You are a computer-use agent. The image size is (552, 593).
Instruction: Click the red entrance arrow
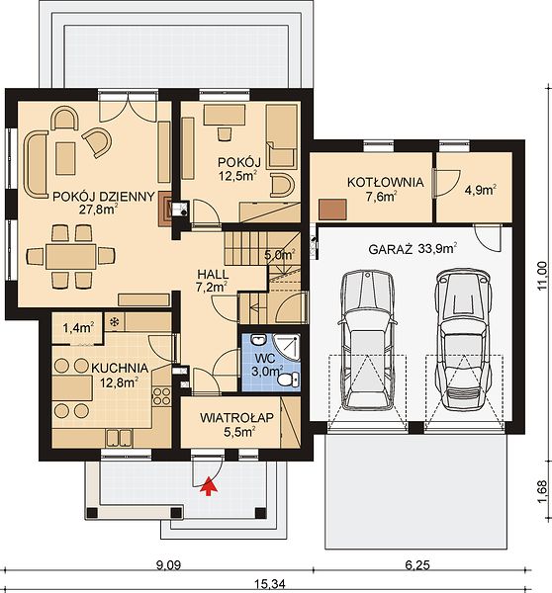point(209,485)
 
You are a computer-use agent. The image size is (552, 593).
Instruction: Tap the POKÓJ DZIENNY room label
point(103,197)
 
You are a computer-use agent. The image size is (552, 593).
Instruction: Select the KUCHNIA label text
point(120,368)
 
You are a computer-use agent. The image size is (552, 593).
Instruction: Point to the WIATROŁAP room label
point(236,418)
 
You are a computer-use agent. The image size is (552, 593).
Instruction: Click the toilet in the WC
point(289,379)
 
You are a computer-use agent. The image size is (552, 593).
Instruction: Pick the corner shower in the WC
point(287,347)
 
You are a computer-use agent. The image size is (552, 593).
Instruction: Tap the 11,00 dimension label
point(542,276)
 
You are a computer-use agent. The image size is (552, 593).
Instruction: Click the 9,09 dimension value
point(168,565)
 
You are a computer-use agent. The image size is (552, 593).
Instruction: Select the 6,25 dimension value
point(417,565)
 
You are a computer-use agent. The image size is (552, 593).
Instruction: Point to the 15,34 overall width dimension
point(269,584)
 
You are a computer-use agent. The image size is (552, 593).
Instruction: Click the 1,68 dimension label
point(542,491)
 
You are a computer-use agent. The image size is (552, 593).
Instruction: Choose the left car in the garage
point(367,340)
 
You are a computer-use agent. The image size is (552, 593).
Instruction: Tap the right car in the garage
point(463,340)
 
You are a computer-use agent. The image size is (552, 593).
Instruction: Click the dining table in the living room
point(71,256)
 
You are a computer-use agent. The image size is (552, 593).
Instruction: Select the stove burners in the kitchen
point(161,396)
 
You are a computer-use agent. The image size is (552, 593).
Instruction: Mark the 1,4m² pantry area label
point(78,327)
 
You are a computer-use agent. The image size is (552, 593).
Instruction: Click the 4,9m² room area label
point(481,190)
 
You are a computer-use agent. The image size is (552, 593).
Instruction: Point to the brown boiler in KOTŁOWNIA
point(332,210)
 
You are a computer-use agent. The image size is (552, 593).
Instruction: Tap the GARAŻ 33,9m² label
point(413,249)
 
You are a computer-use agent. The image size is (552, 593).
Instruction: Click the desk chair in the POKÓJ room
point(225,133)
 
